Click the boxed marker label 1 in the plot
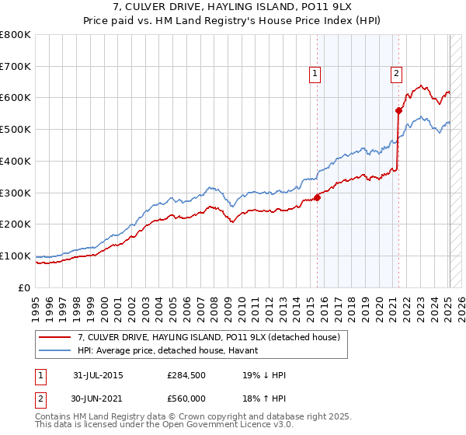[x=315, y=74]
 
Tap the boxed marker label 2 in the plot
[x=396, y=74]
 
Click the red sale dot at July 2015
[x=317, y=197]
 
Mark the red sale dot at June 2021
[x=398, y=110]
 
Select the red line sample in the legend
[x=56, y=337]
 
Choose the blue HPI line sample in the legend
[x=56, y=350]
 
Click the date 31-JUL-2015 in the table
[x=98, y=375]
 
